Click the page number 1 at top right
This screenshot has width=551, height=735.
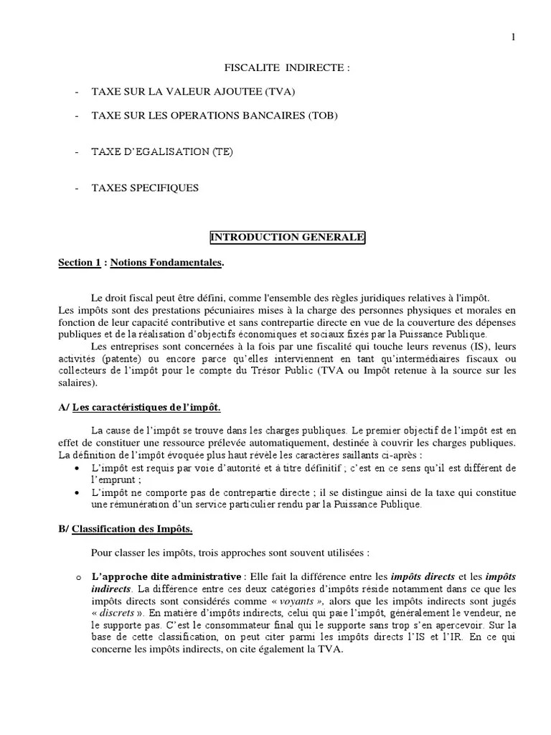(x=513, y=37)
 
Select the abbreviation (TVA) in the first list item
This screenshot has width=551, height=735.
(x=279, y=92)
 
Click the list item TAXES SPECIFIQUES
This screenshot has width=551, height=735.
(x=145, y=189)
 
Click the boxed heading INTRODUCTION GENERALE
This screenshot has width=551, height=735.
(x=286, y=238)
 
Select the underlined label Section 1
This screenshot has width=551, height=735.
(x=80, y=263)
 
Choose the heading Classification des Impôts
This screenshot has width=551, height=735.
(x=133, y=530)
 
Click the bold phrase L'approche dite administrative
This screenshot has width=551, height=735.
(x=166, y=576)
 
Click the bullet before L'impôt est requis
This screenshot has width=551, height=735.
(x=77, y=468)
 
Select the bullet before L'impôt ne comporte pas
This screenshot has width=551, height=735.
(x=77, y=492)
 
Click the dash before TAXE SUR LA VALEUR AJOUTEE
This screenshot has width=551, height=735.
(x=77, y=92)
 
